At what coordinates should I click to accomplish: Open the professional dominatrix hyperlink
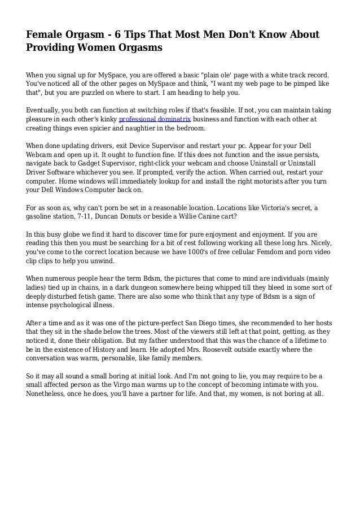point(155,120)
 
